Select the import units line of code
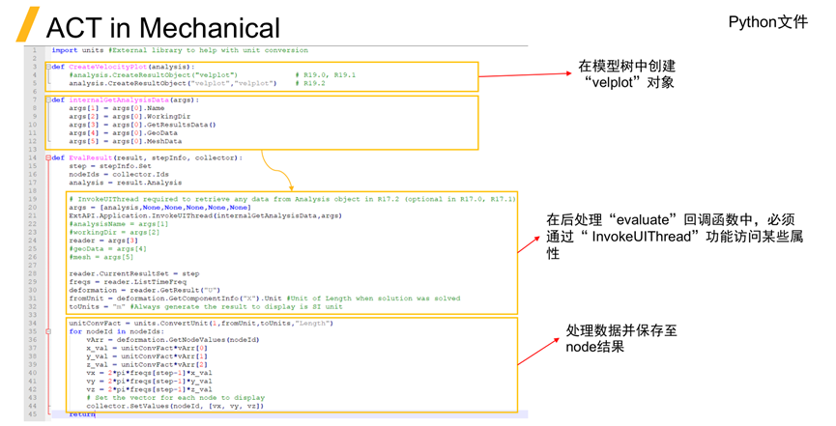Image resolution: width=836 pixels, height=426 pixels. (x=179, y=50)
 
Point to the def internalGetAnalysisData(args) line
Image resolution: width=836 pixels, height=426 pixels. (x=126, y=99)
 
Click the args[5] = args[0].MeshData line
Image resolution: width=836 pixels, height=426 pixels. (x=126, y=141)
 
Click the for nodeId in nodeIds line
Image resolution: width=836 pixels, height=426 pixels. (x=111, y=331)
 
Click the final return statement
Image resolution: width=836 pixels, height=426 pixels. (x=81, y=413)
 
